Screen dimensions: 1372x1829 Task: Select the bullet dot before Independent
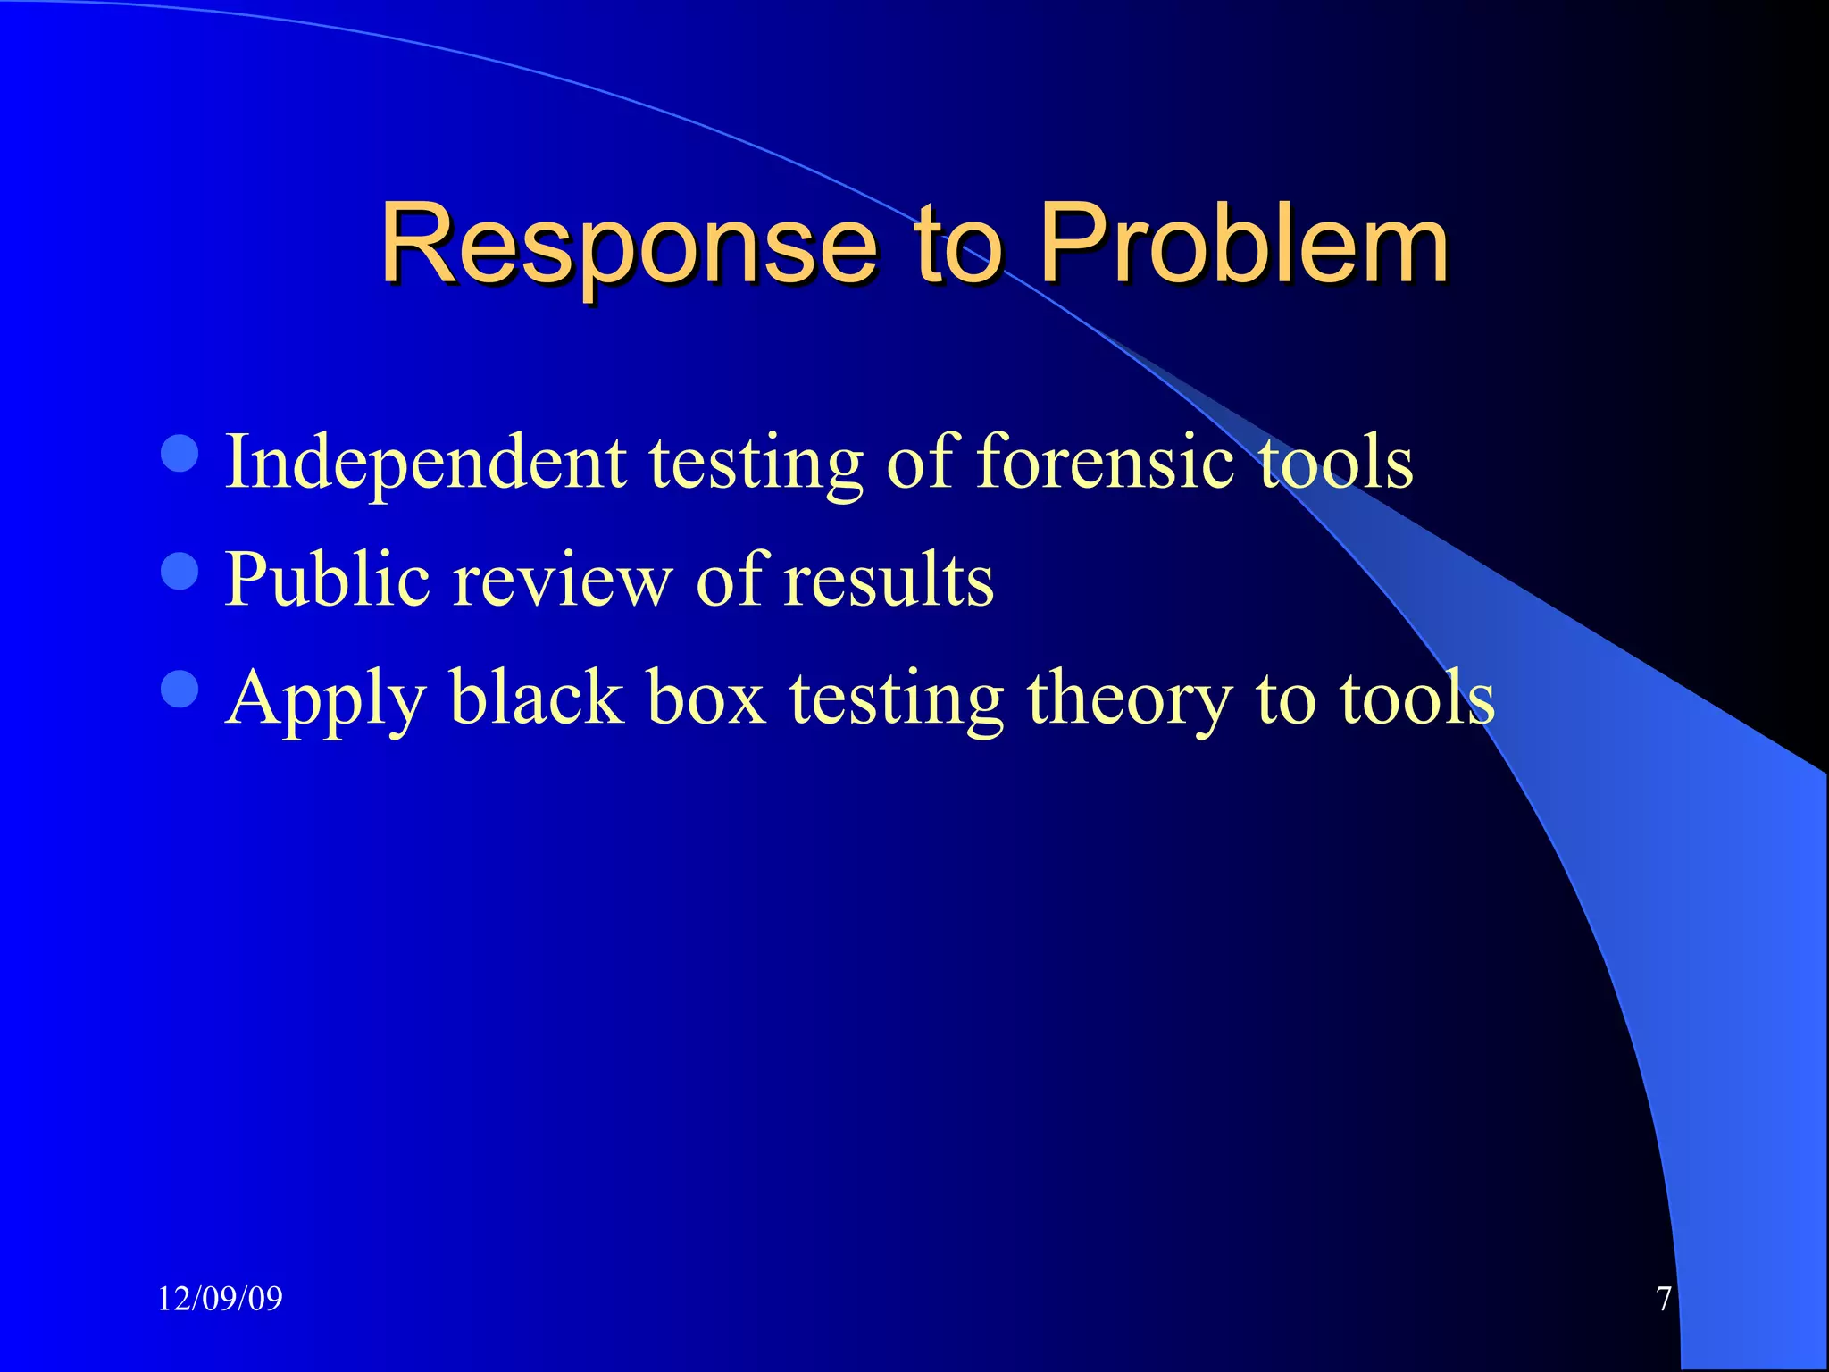[x=180, y=453]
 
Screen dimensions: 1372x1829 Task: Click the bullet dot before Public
[x=180, y=571]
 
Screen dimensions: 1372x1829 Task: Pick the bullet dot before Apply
[x=180, y=689]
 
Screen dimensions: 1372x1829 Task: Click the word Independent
[x=425, y=463]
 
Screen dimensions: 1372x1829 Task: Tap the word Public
[x=327, y=581]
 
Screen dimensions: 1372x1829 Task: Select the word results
[x=889, y=581]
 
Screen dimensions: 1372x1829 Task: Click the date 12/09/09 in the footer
[x=220, y=1299]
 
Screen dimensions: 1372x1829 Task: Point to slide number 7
[x=1663, y=1299]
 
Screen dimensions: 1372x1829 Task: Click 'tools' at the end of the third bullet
[x=1416, y=699]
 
